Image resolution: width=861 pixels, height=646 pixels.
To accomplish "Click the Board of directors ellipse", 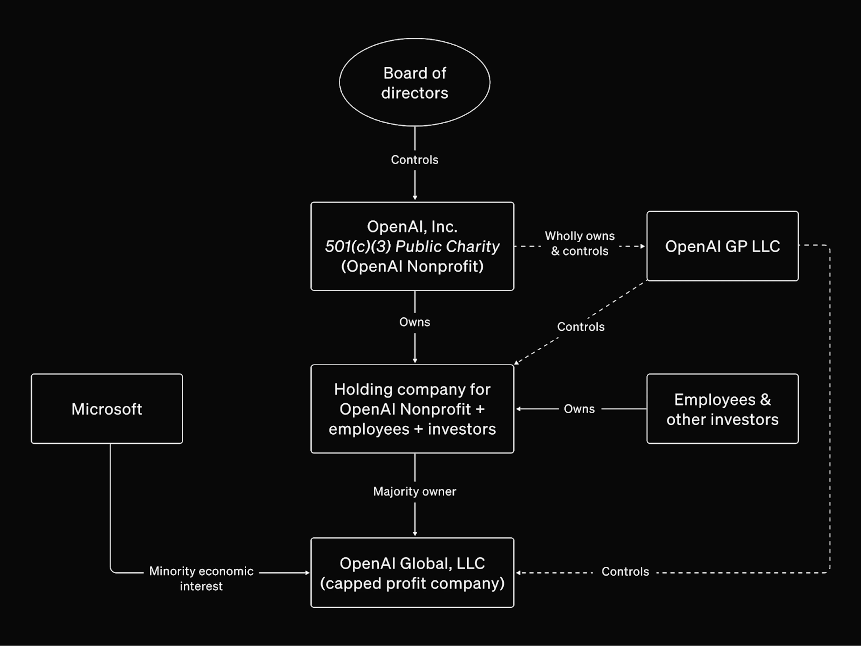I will point(415,82).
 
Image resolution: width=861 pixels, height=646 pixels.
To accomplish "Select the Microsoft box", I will point(107,409).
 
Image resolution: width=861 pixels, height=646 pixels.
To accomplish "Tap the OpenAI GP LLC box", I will point(722,246).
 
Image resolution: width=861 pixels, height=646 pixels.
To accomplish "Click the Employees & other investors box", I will point(722,409).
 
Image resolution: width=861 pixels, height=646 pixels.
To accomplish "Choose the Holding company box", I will point(412,409).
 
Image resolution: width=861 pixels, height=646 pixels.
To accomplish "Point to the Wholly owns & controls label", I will point(580,243).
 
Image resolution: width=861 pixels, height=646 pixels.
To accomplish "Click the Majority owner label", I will point(415,491).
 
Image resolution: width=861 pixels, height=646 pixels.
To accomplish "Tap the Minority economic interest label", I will point(201,578).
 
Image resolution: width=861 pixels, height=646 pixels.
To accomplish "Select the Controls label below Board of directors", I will point(415,160).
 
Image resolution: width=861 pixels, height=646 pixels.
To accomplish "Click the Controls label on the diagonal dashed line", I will point(581,327).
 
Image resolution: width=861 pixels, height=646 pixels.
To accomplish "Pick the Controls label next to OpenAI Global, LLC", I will point(625,571).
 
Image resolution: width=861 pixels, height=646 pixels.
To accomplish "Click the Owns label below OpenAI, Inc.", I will point(415,322).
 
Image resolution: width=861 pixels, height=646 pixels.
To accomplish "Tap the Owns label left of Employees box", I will point(579,409).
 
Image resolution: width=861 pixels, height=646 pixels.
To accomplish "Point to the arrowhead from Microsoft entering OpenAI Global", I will point(307,572).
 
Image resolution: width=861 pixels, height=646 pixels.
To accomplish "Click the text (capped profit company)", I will point(412,583).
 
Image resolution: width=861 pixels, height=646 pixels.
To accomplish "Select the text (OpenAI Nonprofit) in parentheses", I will point(412,267).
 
